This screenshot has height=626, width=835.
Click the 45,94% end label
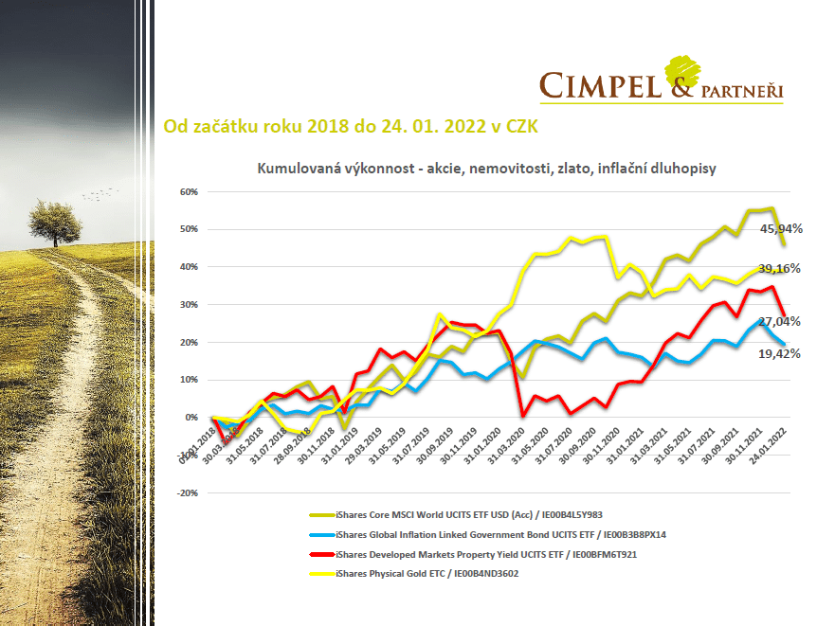pos(781,228)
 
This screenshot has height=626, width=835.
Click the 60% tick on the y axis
pos(188,191)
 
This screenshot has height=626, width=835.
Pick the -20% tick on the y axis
pos(186,493)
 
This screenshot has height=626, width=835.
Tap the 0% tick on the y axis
pos(191,418)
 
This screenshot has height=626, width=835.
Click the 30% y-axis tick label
pos(188,305)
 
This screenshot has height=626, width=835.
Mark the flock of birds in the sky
pos(101,193)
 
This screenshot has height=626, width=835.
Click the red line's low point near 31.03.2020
pos(522,414)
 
